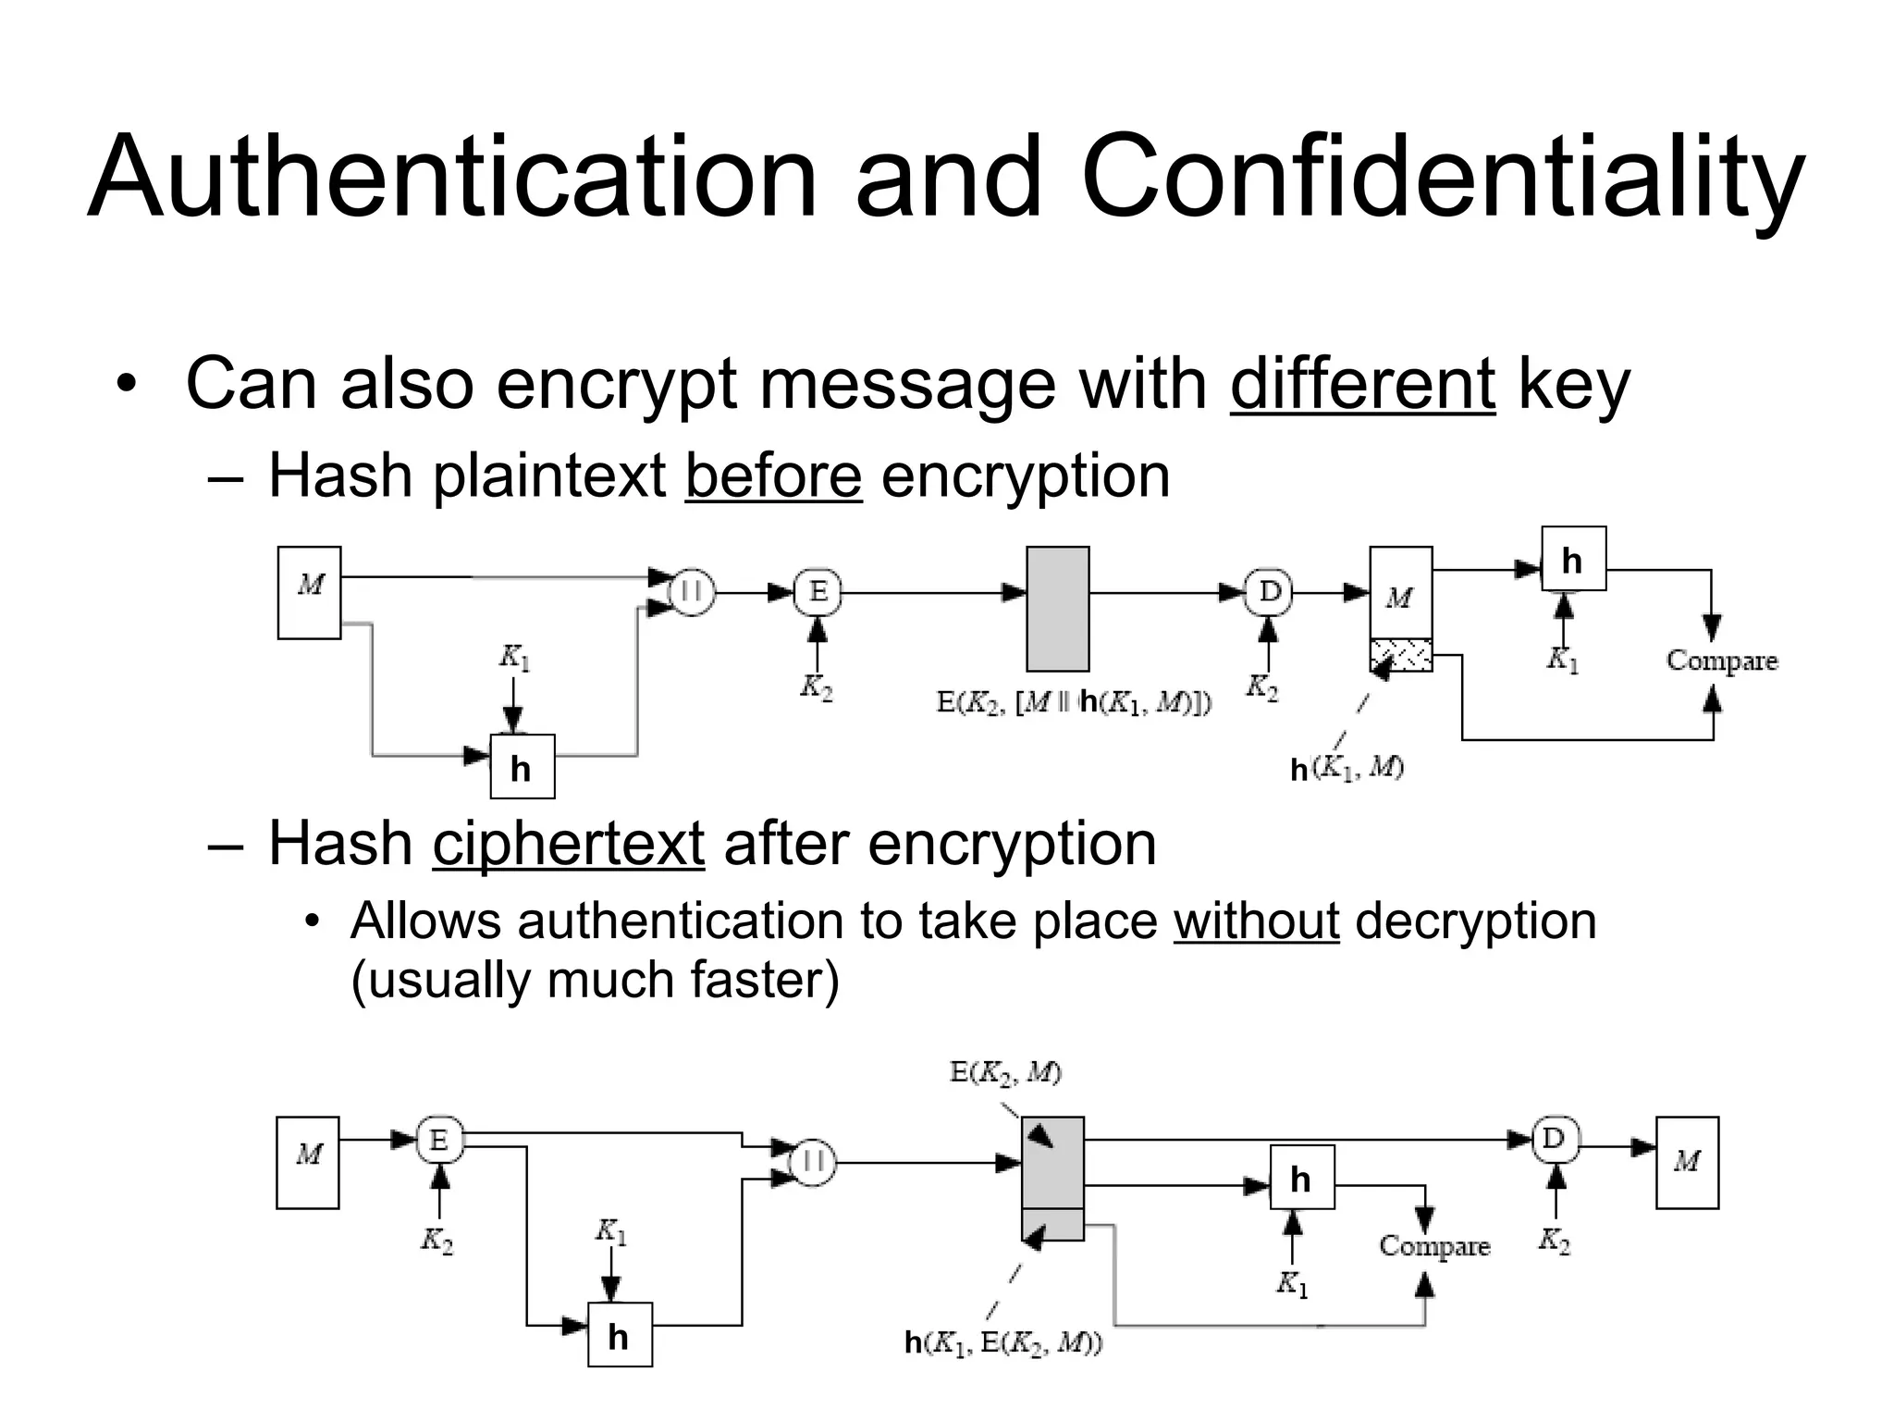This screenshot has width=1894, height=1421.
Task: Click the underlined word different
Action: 1362,383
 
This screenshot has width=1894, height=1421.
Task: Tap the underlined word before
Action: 773,476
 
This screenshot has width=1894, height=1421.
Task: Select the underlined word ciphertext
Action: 568,844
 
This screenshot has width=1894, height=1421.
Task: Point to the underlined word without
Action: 1256,921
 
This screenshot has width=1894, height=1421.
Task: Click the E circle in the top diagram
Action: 818,592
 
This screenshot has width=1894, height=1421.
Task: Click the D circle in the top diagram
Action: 1270,592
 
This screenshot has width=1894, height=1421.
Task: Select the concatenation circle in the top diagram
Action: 692,592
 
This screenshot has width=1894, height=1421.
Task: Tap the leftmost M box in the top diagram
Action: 309,592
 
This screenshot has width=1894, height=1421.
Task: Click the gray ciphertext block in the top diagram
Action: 1057,608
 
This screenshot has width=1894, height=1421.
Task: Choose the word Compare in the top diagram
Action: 1721,661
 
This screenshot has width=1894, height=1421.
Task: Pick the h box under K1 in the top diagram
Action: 522,767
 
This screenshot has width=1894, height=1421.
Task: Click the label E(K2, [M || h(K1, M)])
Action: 1073,703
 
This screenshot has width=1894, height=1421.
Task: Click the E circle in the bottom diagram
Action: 439,1140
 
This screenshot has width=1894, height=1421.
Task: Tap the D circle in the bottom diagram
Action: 1555,1140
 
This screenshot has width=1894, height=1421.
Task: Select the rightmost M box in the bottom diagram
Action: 1687,1162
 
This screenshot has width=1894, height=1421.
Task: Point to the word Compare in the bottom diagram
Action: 1434,1246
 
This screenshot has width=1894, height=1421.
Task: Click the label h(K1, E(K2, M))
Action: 1002,1342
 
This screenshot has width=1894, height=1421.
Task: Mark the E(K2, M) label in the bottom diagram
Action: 1005,1073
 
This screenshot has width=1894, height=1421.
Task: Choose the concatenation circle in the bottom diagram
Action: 813,1162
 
